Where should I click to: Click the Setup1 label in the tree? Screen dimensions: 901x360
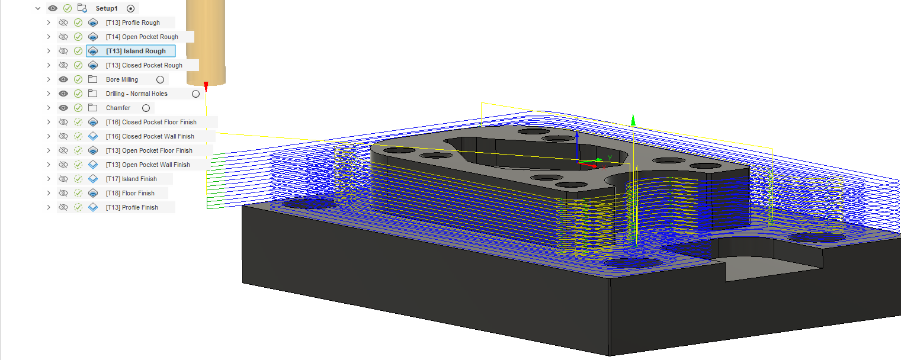107,8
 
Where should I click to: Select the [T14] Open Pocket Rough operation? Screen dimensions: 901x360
142,37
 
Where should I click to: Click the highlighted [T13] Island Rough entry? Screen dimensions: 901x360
136,51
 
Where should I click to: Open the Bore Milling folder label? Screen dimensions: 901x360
122,80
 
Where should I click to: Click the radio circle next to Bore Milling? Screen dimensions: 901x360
160,80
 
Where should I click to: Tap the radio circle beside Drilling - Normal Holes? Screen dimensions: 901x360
195,94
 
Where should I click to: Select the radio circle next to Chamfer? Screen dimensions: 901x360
146,108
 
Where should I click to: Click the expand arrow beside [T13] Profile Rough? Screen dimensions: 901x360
49,22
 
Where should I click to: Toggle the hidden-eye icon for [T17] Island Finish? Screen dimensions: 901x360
63,179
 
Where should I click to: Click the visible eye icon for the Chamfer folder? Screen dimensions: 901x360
63,108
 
